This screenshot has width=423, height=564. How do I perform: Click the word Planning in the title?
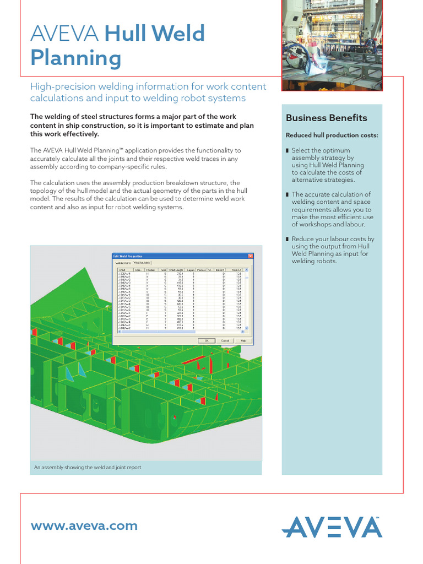tap(75, 58)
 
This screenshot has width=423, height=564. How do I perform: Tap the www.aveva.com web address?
tap(84, 525)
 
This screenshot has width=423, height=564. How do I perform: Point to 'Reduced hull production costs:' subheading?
tap(332, 135)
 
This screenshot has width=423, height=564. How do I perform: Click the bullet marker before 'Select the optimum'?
tap(288, 150)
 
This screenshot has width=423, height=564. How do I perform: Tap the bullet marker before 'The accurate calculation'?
tap(288, 194)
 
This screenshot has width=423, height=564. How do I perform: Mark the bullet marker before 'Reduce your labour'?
tap(288, 239)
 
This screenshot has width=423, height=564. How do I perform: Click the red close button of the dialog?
tap(251, 256)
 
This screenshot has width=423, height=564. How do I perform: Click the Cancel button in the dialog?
tap(225, 340)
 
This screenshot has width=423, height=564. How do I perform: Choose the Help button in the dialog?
tap(243, 340)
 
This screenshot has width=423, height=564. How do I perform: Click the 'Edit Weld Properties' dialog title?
tap(127, 256)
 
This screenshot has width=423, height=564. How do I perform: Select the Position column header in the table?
tap(150, 270)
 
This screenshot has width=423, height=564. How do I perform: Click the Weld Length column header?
tap(176, 270)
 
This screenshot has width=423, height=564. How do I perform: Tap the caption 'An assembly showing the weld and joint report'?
tap(88, 467)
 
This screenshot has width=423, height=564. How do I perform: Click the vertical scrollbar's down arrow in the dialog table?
tap(246, 328)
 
